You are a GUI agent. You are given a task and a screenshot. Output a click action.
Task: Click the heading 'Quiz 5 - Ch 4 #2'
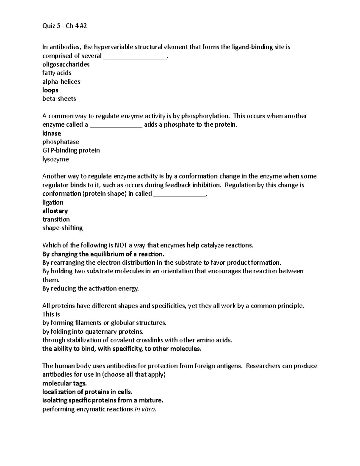tap(64, 26)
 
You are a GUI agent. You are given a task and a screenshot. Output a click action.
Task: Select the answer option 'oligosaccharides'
tap(66, 64)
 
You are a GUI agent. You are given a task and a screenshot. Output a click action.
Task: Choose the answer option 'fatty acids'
tap(57, 73)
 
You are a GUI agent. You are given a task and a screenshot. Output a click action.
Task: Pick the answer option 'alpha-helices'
tap(61, 82)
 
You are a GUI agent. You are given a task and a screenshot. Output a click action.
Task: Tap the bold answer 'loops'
tap(50, 90)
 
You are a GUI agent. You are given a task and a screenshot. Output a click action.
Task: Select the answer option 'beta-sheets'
tap(59, 99)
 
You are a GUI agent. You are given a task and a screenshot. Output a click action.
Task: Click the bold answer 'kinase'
tap(52, 133)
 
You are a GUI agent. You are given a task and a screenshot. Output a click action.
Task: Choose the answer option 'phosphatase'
tap(61, 142)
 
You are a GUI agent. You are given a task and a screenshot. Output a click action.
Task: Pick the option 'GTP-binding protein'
tap(71, 150)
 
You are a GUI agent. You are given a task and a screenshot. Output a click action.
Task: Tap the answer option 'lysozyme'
tap(55, 159)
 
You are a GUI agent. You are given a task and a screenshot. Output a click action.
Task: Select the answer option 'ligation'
tap(53, 202)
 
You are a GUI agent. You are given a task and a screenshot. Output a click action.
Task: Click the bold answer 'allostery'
tap(55, 211)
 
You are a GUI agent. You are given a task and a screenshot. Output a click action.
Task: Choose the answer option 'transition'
tap(56, 219)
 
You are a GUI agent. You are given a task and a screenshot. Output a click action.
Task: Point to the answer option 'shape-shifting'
tap(62, 228)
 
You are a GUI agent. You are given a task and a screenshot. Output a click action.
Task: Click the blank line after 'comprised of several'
tap(135, 57)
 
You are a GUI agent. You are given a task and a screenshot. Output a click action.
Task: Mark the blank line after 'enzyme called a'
tap(116, 126)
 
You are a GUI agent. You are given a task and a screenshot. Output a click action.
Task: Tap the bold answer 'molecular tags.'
tap(64, 383)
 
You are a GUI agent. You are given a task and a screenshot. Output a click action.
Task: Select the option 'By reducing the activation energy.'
tap(91, 289)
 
